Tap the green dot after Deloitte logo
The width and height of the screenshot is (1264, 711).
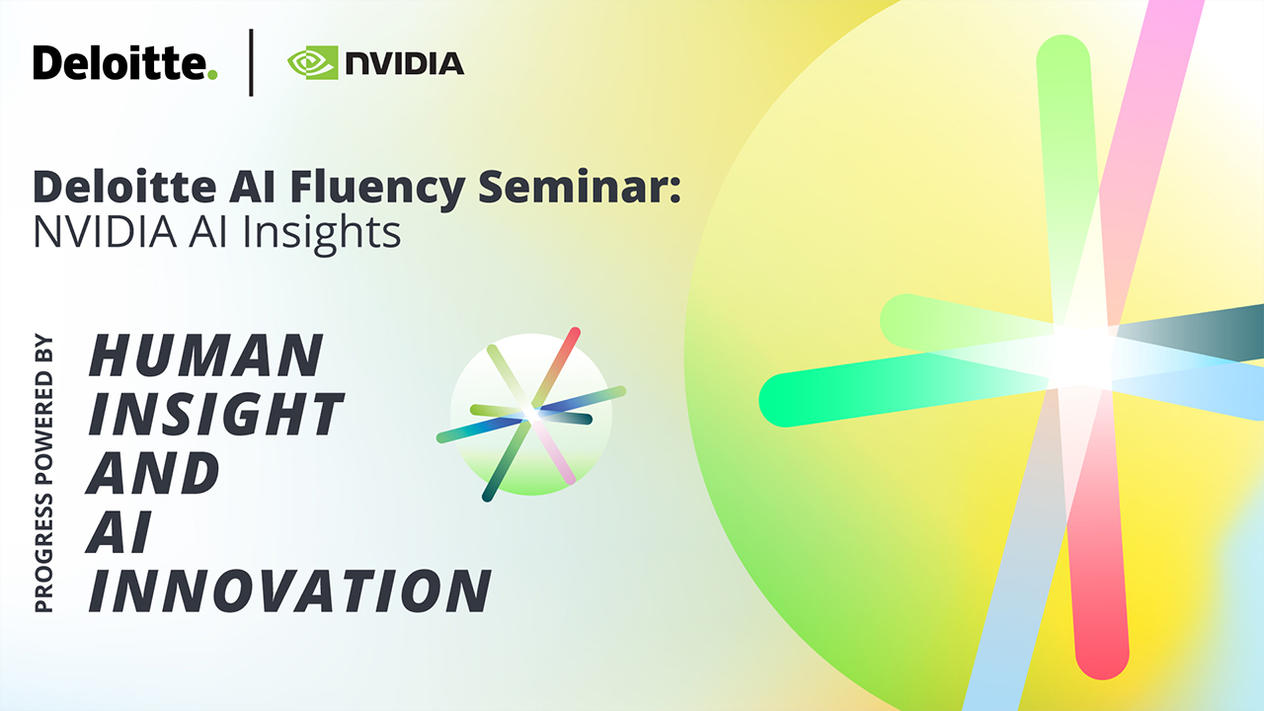point(212,74)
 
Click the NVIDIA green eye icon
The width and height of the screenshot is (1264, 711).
point(313,62)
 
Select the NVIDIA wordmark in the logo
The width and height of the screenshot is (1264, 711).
point(405,63)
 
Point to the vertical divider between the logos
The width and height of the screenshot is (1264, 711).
point(251,62)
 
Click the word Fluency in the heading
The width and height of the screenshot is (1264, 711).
point(377,188)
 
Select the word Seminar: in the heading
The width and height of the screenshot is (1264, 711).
point(580,186)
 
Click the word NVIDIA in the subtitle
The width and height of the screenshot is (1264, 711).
point(105,232)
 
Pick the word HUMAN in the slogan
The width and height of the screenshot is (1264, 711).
point(206,355)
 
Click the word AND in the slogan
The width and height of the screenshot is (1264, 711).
point(152,472)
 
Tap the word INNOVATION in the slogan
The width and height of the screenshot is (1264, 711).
point(289,591)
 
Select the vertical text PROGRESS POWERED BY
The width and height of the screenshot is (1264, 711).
point(44,474)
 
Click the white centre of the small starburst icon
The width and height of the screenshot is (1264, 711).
point(531,415)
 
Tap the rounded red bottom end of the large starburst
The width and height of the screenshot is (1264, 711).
point(1102,655)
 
